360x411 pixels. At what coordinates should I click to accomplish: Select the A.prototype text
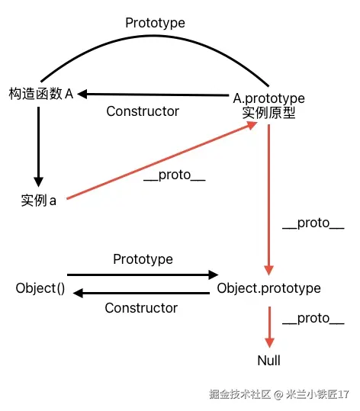[268, 98]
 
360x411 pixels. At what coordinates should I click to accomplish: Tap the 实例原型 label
[268, 113]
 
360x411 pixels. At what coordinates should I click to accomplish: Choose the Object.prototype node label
[268, 288]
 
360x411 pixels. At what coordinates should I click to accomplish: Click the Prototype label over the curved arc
[155, 23]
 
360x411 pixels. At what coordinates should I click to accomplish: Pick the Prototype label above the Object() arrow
[143, 259]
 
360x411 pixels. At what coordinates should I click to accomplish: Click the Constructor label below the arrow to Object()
[141, 308]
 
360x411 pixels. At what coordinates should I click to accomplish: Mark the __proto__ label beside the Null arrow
[313, 319]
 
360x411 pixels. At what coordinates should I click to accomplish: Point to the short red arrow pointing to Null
[268, 324]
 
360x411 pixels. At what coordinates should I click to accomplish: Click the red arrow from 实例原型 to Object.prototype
[268, 198]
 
